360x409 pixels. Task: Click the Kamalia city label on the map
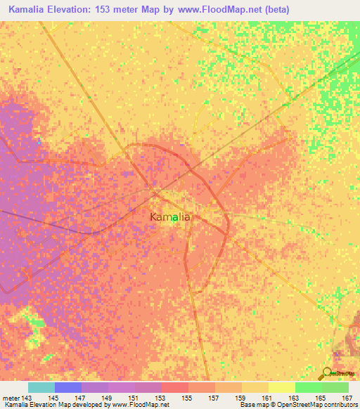pos(169,217)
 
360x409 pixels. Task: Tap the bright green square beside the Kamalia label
pos(174,219)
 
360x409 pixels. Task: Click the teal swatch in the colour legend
pos(41,387)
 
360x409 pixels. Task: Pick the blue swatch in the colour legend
pos(68,387)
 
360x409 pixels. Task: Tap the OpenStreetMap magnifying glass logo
pos(327,373)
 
